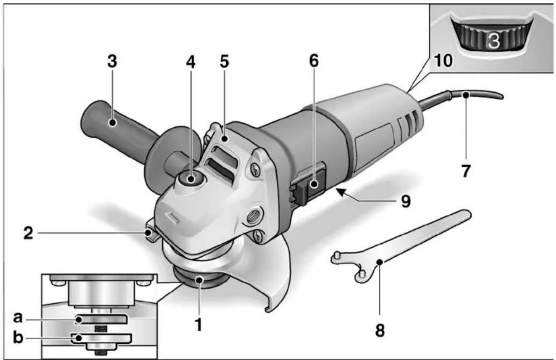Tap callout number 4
coord(190,61)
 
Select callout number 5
coord(224,61)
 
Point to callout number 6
coord(314,61)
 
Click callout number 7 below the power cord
coord(466,171)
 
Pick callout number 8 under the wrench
coord(380,330)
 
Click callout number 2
coord(28,233)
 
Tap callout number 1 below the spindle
coord(198,324)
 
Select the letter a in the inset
coord(17,318)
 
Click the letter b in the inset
coord(18,337)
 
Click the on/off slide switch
coord(314,185)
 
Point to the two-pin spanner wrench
coord(399,246)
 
